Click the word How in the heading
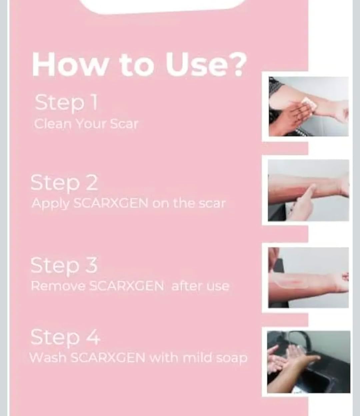click(69, 65)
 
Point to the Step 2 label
click(64, 183)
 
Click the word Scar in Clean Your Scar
click(124, 124)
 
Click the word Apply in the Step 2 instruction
click(50, 204)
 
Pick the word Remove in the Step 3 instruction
click(58, 285)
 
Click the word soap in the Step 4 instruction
click(232, 359)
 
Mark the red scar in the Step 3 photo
click(299, 281)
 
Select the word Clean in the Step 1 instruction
click(53, 124)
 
